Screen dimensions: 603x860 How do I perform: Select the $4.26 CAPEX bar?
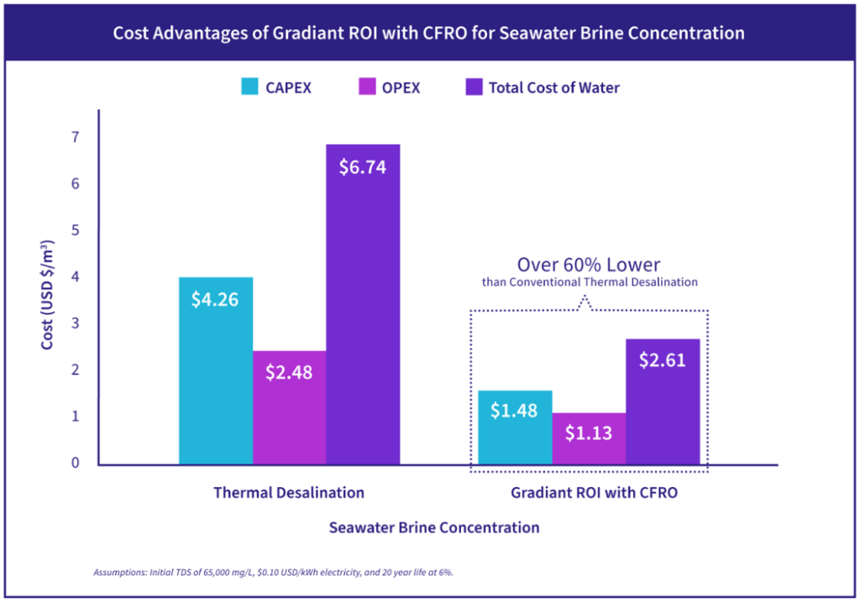216,370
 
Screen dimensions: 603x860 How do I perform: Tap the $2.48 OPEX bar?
290,407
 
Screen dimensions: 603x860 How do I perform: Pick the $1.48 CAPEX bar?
515,427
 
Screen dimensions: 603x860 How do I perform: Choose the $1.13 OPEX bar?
589,438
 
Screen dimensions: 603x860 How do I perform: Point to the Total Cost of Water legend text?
554,87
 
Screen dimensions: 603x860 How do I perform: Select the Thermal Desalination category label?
289,493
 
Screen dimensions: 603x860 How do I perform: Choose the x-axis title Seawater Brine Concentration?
434,527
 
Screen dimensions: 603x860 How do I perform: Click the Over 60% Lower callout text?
589,265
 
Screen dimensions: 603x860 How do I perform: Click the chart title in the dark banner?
429,34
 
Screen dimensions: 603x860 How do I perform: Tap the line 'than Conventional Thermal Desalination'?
590,282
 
